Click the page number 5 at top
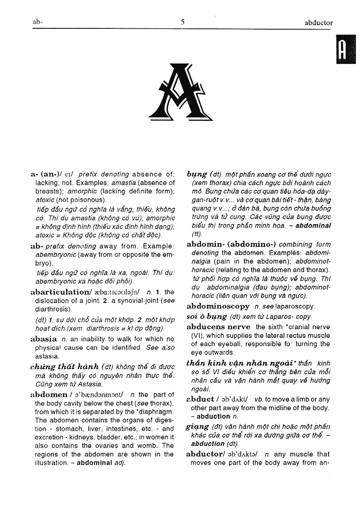182,22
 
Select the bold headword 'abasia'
44,339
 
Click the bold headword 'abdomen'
49,394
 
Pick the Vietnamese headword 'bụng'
197,174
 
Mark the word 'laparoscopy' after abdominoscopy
295,306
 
